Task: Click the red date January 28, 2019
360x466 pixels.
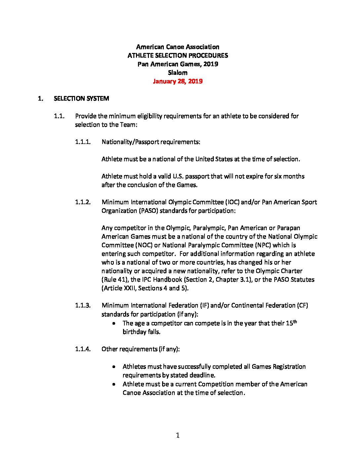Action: click(x=178, y=81)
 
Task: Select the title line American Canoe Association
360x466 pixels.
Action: click(x=178, y=47)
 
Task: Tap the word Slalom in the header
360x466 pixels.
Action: click(x=178, y=73)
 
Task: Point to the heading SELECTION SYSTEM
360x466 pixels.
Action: click(x=81, y=99)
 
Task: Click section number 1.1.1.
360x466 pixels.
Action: click(x=83, y=142)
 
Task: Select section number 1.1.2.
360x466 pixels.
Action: click(x=83, y=202)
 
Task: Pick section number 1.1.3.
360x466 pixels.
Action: click(x=83, y=305)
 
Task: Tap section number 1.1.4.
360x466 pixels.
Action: click(x=83, y=349)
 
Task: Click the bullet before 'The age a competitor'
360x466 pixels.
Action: click(x=114, y=323)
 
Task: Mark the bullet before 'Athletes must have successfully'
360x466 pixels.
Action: click(x=114, y=367)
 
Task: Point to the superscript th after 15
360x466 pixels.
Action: click(x=295, y=321)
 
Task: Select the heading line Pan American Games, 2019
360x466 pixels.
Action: click(x=178, y=64)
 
